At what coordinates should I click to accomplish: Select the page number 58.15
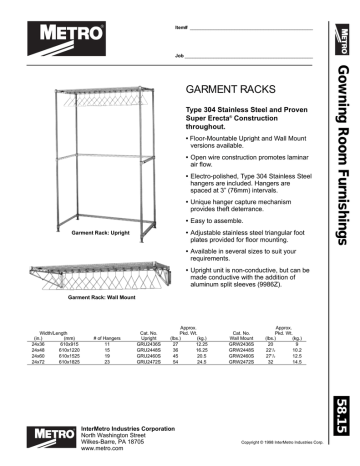click(x=345, y=431)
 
